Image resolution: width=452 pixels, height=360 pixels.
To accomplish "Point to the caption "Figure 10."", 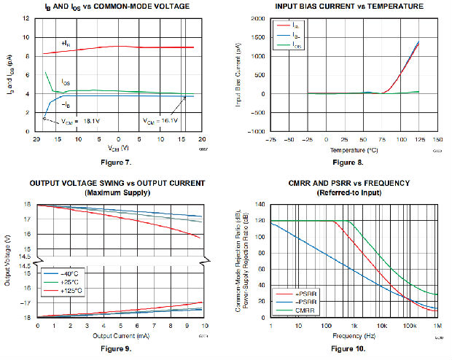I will pyautogui.click(x=354, y=349).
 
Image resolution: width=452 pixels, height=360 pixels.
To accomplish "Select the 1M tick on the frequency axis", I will pyautogui.click(x=437, y=324).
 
